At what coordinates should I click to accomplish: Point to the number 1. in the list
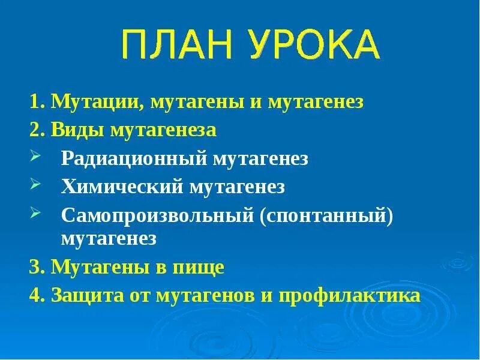(x=37, y=102)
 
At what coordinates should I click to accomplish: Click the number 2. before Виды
(x=37, y=130)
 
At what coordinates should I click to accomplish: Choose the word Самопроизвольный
(x=157, y=214)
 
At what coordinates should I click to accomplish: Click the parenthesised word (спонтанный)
(x=326, y=214)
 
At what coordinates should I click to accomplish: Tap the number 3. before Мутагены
(x=37, y=267)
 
